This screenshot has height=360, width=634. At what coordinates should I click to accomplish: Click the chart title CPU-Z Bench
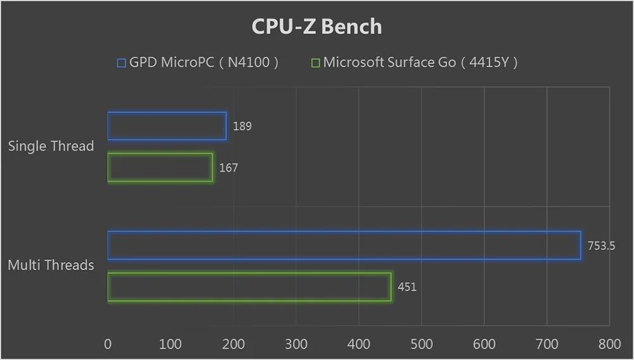(x=316, y=27)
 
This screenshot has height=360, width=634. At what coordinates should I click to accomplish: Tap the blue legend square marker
(x=122, y=63)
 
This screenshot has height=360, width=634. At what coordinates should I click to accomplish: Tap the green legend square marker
(x=315, y=63)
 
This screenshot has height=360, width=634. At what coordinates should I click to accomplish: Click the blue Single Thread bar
(x=167, y=126)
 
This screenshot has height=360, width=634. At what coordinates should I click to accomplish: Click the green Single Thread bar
(x=160, y=168)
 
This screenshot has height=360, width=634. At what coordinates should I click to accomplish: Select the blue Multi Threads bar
(x=344, y=245)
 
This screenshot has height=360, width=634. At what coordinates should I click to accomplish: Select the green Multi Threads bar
(x=249, y=287)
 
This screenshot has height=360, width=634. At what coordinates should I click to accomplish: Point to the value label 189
(x=242, y=126)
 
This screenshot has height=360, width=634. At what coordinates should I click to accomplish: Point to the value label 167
(x=228, y=168)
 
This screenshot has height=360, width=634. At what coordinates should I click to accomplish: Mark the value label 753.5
(x=601, y=246)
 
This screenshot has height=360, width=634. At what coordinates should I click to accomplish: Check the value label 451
(x=407, y=287)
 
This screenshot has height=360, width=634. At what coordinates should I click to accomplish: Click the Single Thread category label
(x=51, y=146)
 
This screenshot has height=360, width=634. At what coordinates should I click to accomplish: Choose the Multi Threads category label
(x=51, y=265)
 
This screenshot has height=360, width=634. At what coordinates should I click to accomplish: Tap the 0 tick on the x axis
(x=108, y=344)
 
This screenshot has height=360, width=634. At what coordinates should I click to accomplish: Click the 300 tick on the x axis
(x=296, y=344)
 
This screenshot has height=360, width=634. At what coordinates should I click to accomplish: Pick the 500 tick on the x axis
(x=422, y=344)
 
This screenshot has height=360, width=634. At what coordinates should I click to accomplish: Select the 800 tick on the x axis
(x=610, y=344)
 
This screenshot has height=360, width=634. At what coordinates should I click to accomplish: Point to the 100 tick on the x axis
(x=171, y=344)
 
